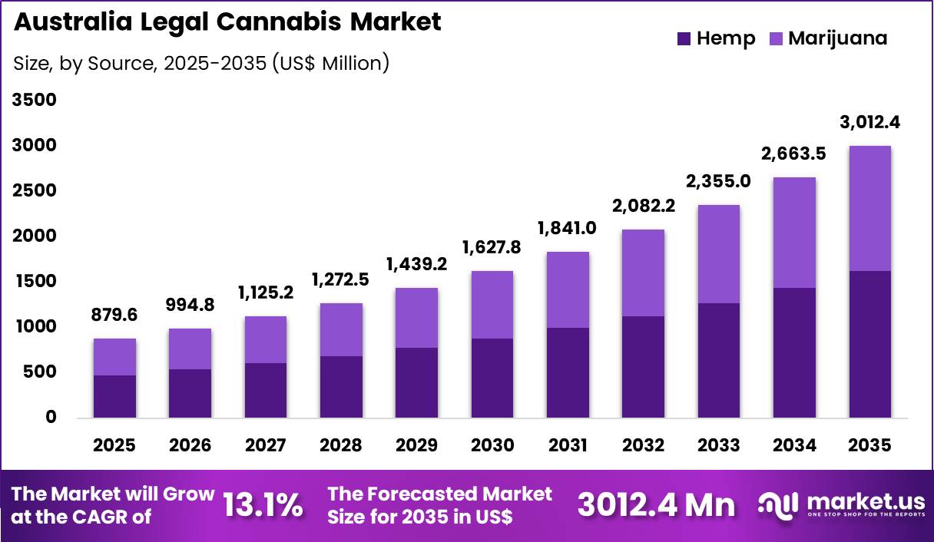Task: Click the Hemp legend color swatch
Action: tap(684, 38)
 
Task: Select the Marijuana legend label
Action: tap(837, 38)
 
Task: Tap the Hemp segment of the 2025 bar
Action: tap(115, 396)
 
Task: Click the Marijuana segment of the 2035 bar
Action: tap(870, 208)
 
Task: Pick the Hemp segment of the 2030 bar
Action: tap(492, 378)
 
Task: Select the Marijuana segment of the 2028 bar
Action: tap(341, 329)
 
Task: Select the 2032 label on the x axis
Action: tap(644, 445)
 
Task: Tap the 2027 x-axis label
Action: tap(266, 445)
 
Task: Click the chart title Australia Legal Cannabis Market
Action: tap(227, 21)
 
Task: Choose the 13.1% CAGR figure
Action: tap(263, 504)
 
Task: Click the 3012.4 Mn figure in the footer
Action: tap(656, 504)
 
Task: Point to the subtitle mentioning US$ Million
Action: tap(201, 63)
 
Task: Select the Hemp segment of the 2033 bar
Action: tap(719, 360)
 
